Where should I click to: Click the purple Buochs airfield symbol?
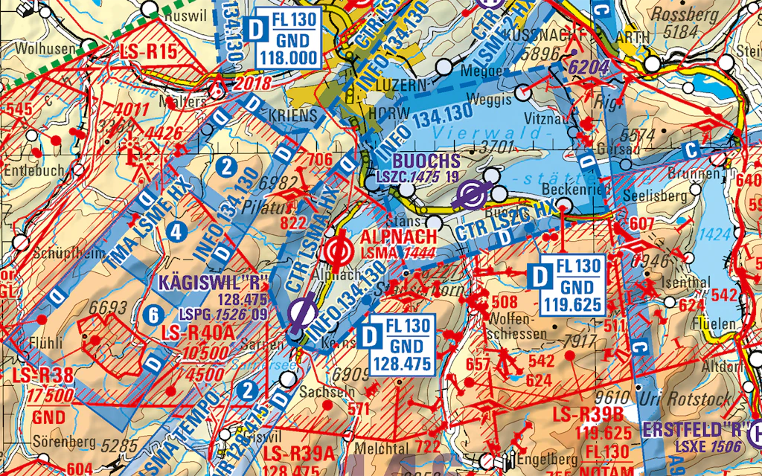click(471, 195)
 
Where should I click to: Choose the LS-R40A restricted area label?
click(201, 332)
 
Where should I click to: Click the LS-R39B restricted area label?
click(593, 414)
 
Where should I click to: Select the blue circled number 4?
click(176, 231)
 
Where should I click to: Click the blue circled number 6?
click(153, 315)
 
